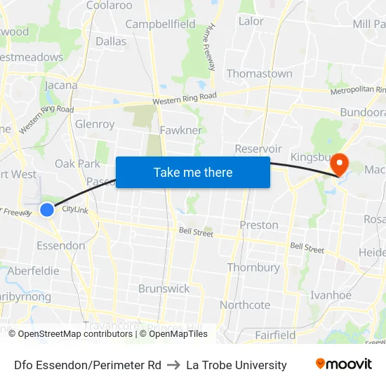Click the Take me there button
tap(193, 172)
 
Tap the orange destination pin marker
tap(339, 165)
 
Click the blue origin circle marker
tap(47, 209)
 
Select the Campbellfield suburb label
tap(160, 25)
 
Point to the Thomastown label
tap(259, 74)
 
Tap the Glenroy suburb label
tap(95, 124)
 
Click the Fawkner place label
tap(180, 130)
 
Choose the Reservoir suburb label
tap(258, 149)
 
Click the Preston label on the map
tap(259, 225)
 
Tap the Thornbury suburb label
tap(253, 267)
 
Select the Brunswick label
tap(164, 288)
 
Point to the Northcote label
tap(245, 305)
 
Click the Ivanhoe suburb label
tap(331, 295)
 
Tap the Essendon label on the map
tap(60, 246)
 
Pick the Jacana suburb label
tap(61, 86)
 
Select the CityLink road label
tap(74, 209)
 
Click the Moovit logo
tap(344, 364)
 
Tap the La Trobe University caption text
tap(237, 365)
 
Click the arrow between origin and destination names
tap(173, 365)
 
